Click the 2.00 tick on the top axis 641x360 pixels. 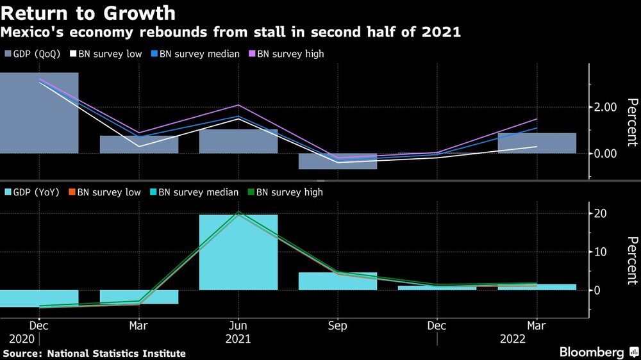(606, 107)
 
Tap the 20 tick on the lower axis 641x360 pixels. (602, 213)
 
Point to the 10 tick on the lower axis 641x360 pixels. (602, 252)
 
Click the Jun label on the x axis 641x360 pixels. (238, 326)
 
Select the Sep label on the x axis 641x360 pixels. (338, 326)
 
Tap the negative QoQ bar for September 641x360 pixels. (338, 161)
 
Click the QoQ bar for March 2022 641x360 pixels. (537, 143)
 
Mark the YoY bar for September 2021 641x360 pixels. (338, 281)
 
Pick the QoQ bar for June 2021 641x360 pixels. (238, 142)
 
